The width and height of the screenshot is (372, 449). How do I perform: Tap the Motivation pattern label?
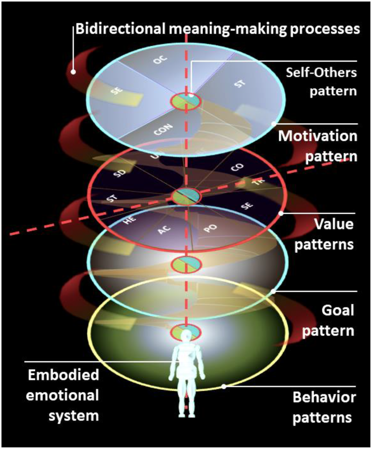(x=317, y=146)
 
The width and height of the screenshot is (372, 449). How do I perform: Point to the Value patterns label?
(x=324, y=234)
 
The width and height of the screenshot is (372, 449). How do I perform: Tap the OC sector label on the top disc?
(x=160, y=59)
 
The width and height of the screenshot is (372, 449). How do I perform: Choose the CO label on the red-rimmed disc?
(x=237, y=168)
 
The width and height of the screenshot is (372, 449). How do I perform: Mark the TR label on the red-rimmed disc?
(x=257, y=183)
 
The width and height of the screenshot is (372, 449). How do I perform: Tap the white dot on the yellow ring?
(x=224, y=386)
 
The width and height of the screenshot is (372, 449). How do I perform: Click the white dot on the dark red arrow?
(x=73, y=72)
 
